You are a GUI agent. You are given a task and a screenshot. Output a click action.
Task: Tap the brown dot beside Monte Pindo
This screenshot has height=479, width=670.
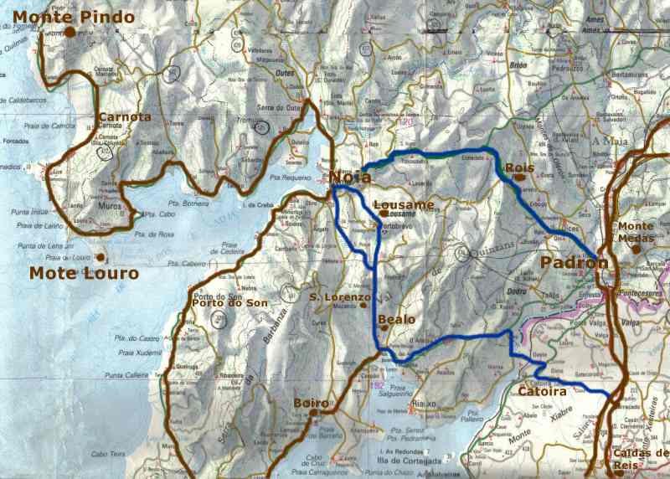[x=71, y=32]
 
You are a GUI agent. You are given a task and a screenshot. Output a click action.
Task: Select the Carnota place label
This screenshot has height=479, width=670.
[x=126, y=116]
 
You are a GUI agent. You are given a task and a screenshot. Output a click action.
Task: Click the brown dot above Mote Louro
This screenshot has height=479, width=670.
[x=100, y=257]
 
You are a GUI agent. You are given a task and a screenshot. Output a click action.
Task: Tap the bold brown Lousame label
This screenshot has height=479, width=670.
[x=404, y=204]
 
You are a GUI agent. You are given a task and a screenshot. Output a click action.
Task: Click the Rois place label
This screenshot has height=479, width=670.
[x=520, y=169]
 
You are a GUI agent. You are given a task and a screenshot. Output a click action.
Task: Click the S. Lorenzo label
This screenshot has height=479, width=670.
[x=339, y=297]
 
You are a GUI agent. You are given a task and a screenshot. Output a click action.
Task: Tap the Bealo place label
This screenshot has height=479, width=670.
[x=397, y=320]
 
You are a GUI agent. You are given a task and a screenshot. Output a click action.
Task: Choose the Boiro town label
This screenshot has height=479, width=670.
[x=312, y=404]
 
